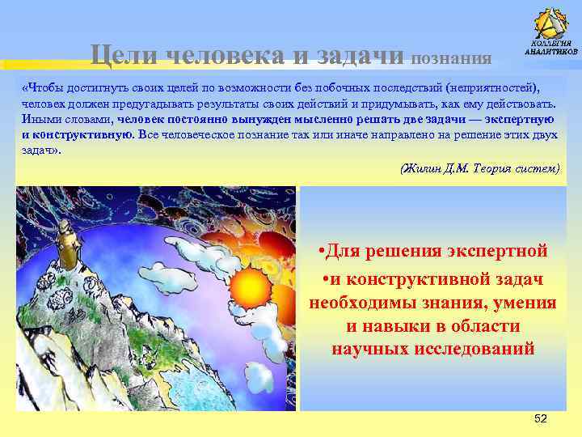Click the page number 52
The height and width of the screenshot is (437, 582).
[541, 418]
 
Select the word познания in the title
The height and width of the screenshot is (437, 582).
[452, 57]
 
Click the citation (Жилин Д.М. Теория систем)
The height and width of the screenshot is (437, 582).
[479, 168]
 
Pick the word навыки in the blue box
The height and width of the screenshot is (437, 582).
[395, 326]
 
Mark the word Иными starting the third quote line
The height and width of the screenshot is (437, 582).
[40, 119]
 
